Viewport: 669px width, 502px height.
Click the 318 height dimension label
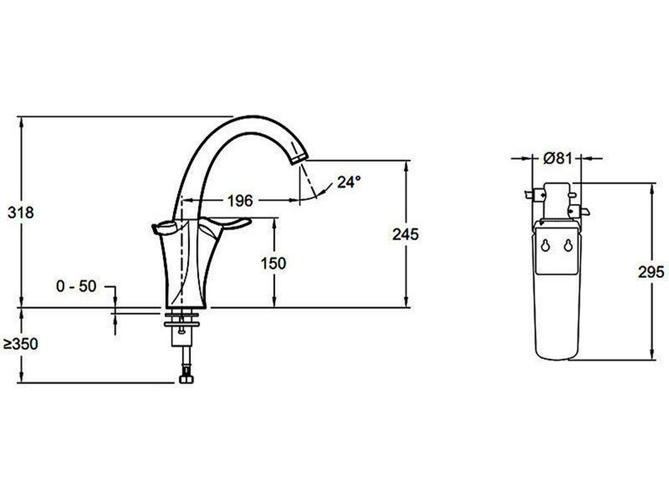[x=21, y=212]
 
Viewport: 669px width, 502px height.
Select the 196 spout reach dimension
[x=240, y=200]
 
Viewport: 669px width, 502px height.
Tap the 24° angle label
[x=349, y=182]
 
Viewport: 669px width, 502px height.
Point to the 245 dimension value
[x=405, y=234]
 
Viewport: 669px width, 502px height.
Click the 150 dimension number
[x=273, y=263]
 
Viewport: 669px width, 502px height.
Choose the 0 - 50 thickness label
[x=77, y=286]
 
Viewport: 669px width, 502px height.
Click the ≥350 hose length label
[x=21, y=344]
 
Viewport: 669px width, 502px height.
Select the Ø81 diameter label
[x=557, y=158]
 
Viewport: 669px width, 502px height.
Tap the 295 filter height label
[x=651, y=272]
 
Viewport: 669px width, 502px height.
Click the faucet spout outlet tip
[x=299, y=159]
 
